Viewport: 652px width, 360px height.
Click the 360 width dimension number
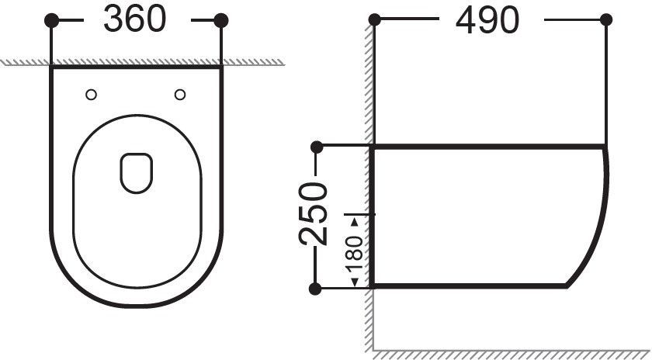tap(135, 19)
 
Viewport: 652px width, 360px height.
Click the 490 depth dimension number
tap(487, 20)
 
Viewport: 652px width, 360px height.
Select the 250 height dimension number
tap(313, 213)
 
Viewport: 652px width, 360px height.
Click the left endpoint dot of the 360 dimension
tap(51, 20)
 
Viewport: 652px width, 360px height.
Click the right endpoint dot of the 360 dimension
tap(221, 20)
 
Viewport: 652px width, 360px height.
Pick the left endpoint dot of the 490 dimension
tap(375, 19)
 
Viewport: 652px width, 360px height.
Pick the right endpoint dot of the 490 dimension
tap(606, 19)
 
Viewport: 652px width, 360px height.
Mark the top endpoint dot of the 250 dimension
tap(317, 147)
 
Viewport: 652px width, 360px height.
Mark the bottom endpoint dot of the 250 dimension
tap(316, 289)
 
